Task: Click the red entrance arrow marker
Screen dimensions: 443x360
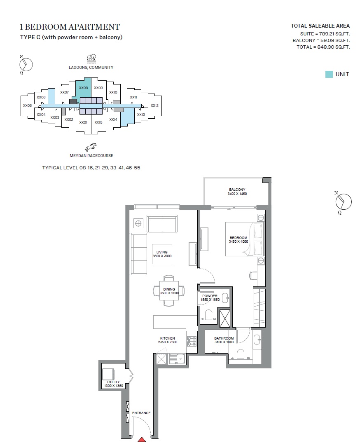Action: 141,439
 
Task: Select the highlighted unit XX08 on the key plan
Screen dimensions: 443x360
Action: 84,88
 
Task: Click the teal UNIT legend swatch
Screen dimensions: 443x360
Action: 329,74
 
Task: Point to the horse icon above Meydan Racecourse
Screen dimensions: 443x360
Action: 91,147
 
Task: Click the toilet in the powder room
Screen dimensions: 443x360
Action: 208,315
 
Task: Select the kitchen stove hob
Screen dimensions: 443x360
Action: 192,341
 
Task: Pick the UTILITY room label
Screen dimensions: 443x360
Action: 113,382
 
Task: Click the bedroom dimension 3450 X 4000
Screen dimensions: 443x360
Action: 238,242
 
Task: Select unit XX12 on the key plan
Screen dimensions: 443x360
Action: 154,105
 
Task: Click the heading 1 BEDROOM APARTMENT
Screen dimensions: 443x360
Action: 70,27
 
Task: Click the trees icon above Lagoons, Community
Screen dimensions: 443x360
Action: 91,58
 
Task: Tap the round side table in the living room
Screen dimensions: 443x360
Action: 138,223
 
